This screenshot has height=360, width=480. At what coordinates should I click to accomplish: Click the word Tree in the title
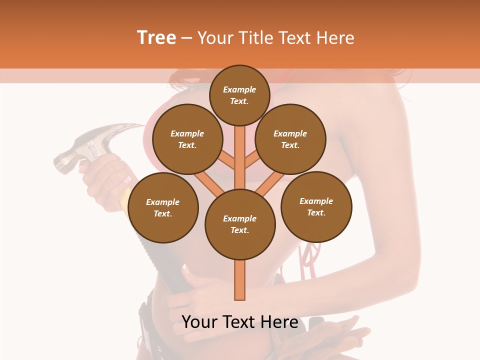pos(156,38)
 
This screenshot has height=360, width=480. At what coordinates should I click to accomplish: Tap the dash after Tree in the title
pos(186,38)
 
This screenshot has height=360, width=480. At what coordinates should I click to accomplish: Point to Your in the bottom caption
pos(200,322)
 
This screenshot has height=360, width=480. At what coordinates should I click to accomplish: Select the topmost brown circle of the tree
pos(239,95)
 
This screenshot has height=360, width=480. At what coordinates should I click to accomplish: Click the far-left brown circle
pos(163,207)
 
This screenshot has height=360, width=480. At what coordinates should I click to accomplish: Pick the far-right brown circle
pos(316,206)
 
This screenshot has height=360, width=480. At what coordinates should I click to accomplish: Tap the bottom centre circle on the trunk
pos(240,224)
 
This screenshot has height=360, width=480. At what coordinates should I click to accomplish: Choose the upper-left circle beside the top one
pos(187,139)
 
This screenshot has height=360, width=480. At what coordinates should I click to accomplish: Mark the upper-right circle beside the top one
pos(290,139)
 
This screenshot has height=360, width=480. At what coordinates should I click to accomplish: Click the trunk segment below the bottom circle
pos(240,280)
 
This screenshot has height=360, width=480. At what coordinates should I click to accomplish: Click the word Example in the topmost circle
pos(239,89)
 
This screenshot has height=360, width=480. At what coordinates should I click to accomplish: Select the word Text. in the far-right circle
pos(316,212)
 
